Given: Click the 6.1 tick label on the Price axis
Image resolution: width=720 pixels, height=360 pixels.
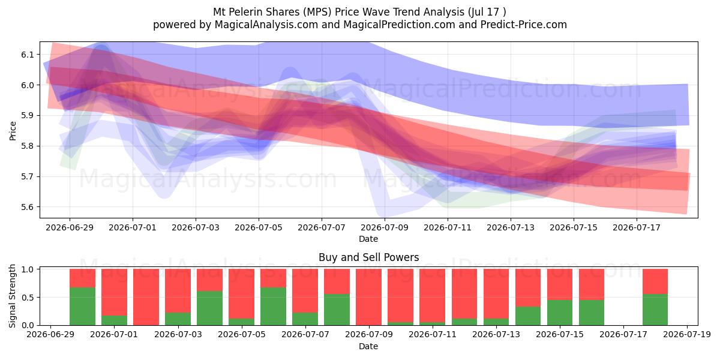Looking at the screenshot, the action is tap(28, 55).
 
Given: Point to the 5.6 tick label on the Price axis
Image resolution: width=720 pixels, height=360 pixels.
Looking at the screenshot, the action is tap(28, 207).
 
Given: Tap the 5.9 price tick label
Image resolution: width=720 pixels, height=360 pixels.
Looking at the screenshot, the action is tap(28, 116).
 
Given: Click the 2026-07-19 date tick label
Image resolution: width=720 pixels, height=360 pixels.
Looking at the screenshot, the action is tap(687, 335).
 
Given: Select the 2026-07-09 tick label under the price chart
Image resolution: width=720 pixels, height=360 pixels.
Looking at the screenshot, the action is tap(385, 228).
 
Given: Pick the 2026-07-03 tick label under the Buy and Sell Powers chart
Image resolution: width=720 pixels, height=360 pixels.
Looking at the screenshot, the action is tap(178, 335).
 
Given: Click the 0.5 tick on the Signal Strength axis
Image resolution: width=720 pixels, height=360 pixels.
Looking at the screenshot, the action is tap(28, 298).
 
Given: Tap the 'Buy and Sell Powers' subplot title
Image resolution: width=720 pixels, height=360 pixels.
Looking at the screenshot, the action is tap(368, 257).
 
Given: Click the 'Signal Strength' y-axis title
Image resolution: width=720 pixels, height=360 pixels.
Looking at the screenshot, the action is tap(12, 296).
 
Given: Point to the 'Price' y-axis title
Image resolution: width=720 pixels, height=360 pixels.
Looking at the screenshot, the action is tap(13, 131).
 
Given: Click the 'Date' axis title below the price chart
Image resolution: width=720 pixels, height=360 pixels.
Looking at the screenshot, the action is tap(368, 239).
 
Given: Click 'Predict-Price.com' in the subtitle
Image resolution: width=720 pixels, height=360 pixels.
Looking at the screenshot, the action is tap(524, 25).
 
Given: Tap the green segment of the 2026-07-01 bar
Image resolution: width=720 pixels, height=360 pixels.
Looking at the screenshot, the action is tap(115, 320).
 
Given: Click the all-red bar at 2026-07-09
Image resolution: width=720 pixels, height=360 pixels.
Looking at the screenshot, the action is tap(368, 297).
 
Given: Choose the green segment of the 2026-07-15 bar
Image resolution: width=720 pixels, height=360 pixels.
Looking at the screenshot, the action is tap(560, 313).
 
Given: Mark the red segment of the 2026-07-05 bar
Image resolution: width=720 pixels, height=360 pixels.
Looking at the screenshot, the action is tap(241, 294).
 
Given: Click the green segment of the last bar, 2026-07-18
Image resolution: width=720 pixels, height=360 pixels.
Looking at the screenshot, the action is tap(655, 310).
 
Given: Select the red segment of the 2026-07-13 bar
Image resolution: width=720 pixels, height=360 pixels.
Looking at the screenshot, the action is tap(496, 294).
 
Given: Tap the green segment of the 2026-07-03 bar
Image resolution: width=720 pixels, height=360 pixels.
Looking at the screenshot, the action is tap(178, 319).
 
